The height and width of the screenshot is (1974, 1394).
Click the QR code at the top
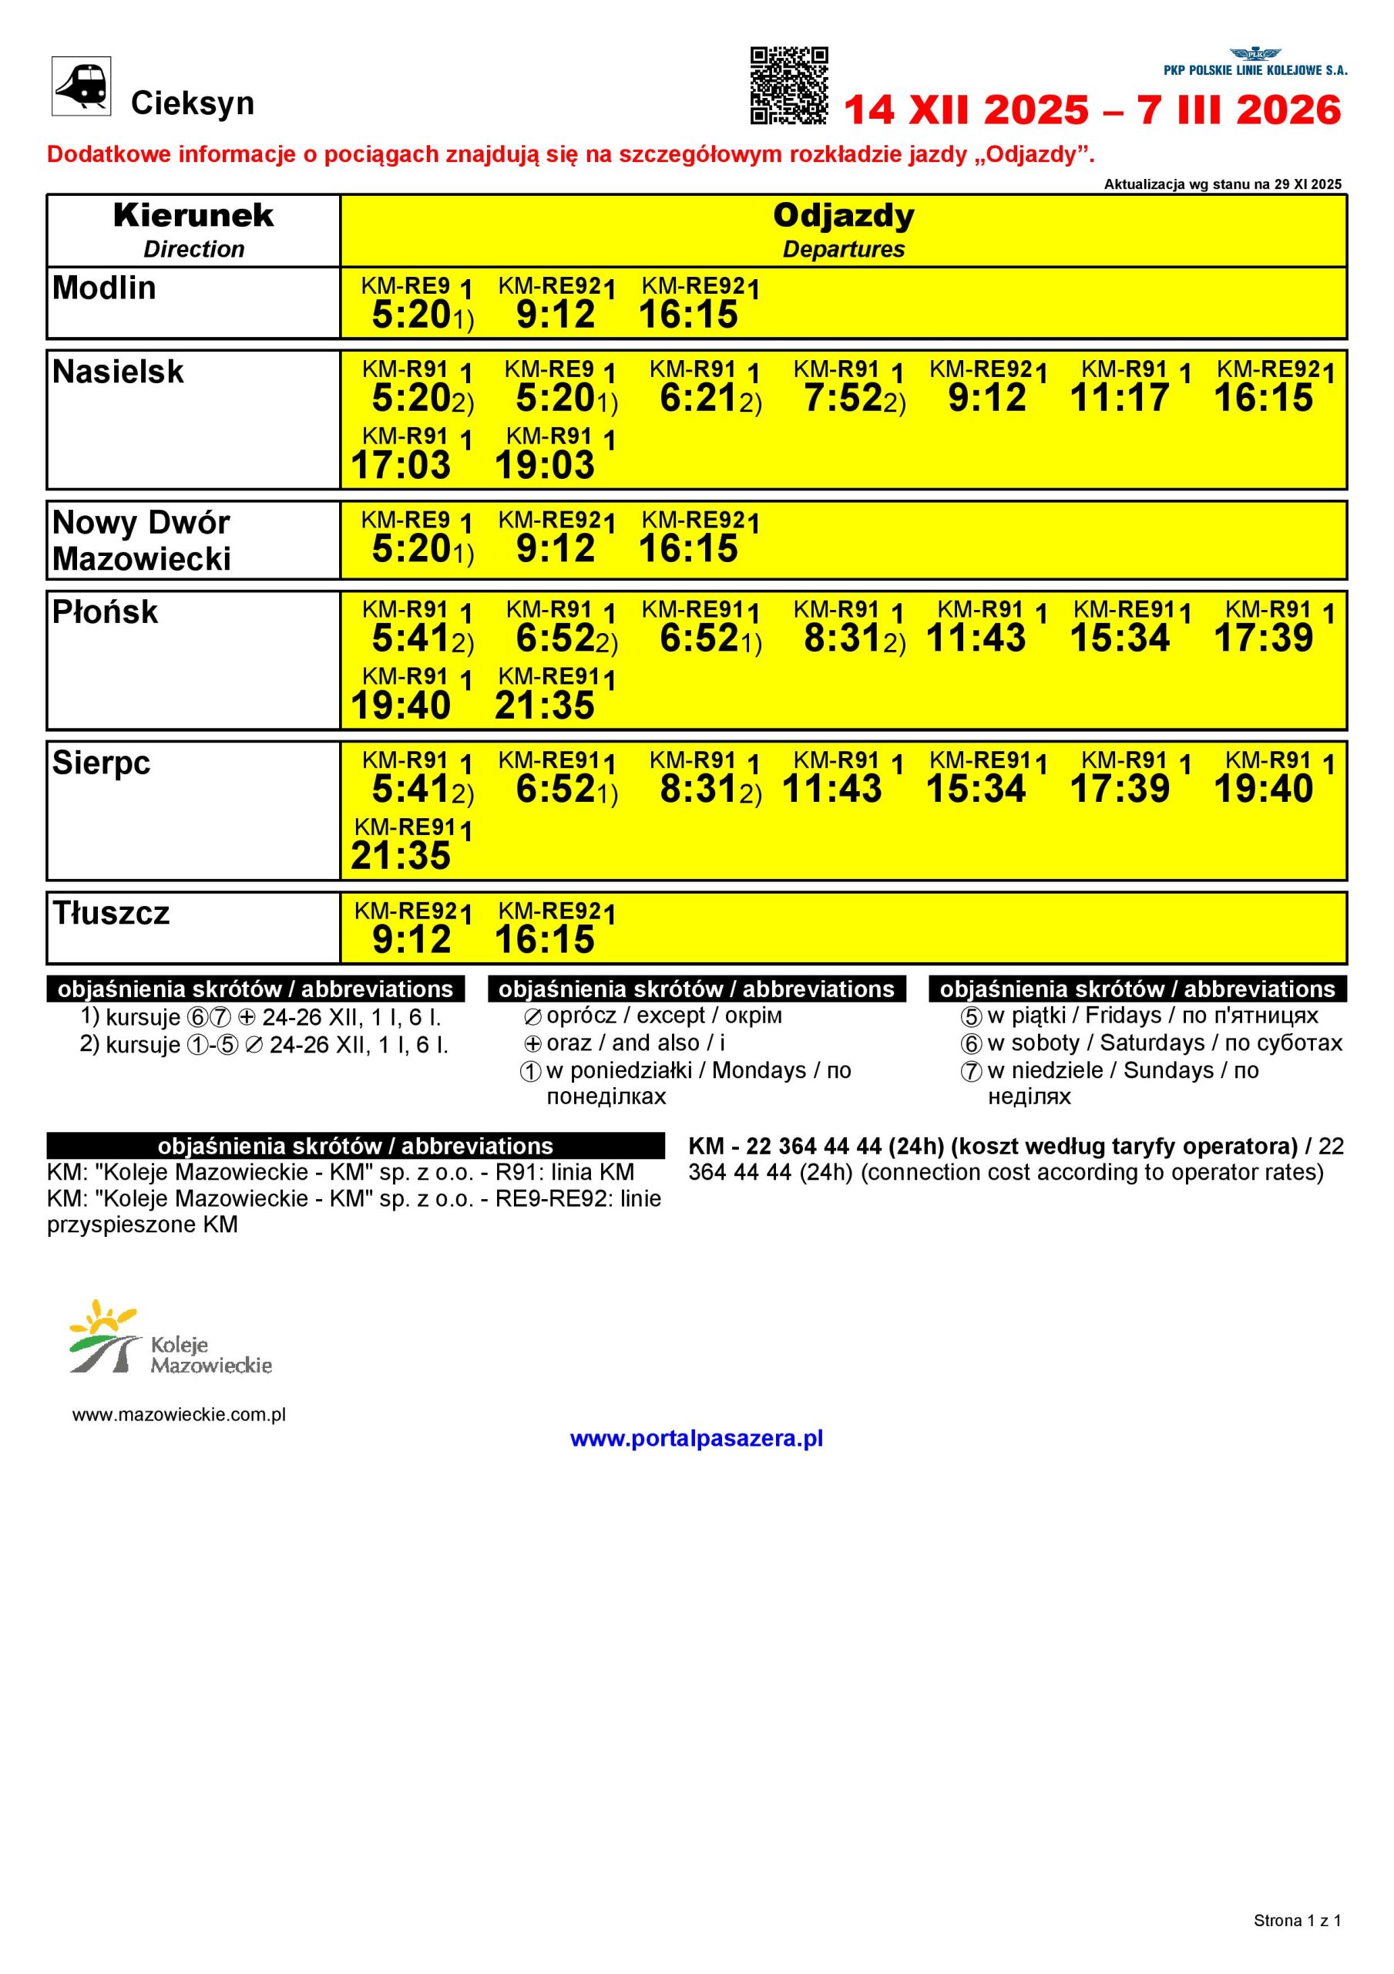(789, 85)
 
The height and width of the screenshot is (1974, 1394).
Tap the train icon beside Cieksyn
(81, 85)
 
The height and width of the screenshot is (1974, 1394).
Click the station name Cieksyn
(192, 103)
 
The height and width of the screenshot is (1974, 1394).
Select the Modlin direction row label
(104, 288)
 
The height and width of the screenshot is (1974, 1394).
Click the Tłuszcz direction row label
(111, 913)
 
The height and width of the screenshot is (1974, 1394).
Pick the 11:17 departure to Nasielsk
(1119, 398)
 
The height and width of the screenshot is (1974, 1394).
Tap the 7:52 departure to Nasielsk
(842, 398)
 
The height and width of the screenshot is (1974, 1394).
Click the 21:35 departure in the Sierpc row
(401, 855)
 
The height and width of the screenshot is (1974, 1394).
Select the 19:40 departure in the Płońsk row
(401, 705)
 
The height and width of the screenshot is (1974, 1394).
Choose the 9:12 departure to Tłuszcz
(411, 939)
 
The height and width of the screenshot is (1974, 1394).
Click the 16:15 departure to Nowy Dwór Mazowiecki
(687, 548)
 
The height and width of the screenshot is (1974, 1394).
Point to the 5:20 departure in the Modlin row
(411, 315)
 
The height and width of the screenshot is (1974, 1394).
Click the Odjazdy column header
(843, 217)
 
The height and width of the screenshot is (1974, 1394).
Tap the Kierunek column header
(193, 217)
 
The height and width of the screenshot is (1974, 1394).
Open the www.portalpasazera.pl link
(696, 1438)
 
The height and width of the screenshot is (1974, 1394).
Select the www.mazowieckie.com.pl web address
(179, 1415)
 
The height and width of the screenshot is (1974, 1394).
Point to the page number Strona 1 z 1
(1297, 1920)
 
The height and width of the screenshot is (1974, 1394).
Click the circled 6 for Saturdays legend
(970, 1045)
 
